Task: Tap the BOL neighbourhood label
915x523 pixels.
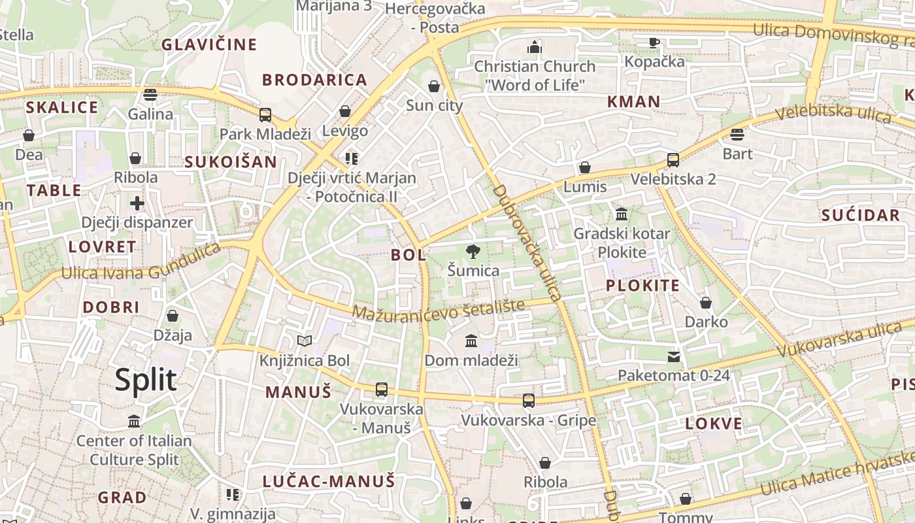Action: [408, 255]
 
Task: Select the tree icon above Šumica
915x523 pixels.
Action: [472, 252]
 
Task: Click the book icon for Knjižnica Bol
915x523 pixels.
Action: [305, 341]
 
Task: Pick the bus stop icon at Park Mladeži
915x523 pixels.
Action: [265, 115]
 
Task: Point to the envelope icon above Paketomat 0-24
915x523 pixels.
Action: [673, 357]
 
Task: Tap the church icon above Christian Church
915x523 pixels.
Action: [535, 47]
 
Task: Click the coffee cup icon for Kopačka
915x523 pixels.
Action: [654, 43]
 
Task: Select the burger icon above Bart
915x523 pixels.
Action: [737, 135]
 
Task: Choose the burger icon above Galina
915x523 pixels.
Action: [150, 95]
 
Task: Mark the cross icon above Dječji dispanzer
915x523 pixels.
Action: [137, 203]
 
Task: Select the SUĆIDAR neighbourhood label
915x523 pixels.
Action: [860, 215]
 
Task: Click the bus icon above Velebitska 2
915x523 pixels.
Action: [673, 160]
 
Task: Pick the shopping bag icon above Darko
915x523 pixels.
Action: [706, 303]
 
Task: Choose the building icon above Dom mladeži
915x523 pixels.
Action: [471, 341]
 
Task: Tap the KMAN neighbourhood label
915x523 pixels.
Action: [633, 101]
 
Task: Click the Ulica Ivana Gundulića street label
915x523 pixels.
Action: [141, 261]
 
